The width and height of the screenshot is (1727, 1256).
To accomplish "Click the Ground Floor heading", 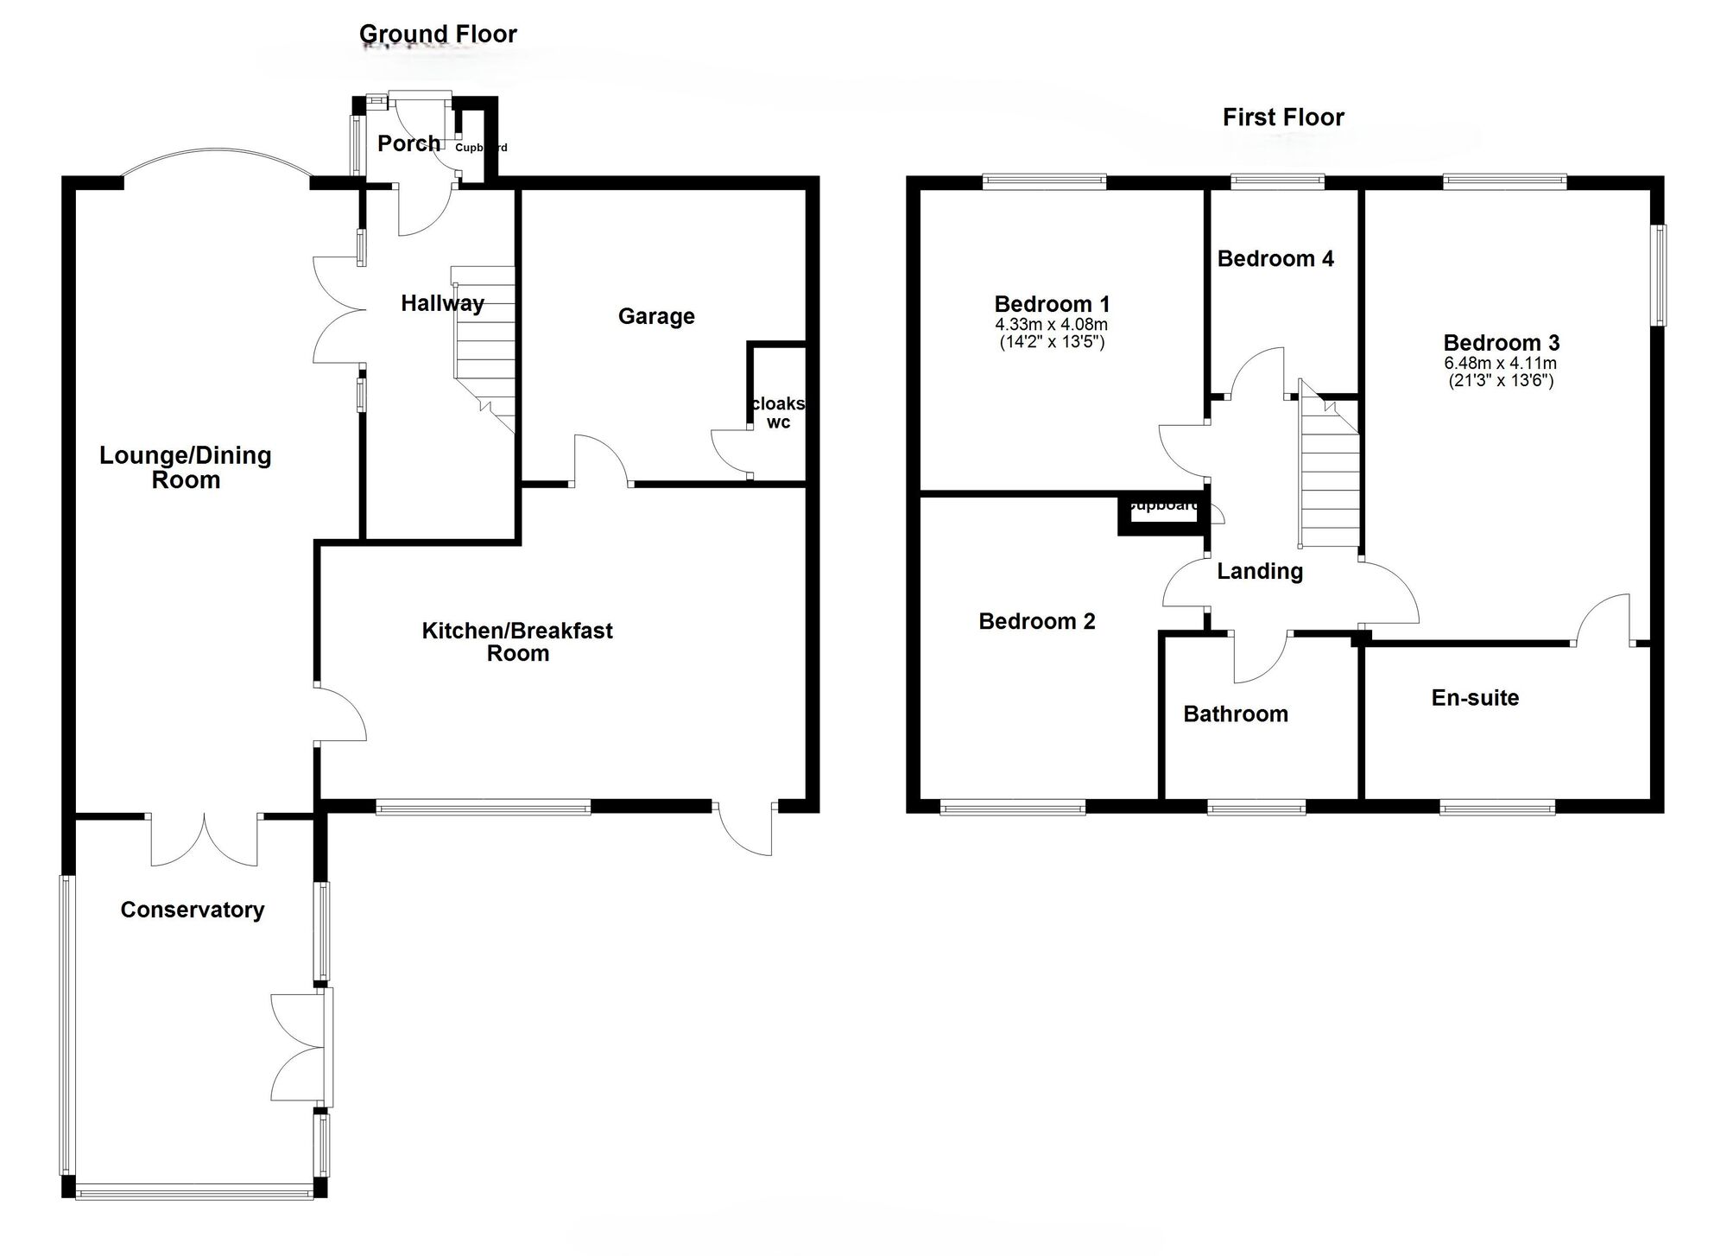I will point(438,35).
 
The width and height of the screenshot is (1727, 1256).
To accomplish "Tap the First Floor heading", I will point(1283,117).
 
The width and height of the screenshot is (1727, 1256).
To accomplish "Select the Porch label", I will point(408,143).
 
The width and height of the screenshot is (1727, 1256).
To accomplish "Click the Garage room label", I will point(656,316).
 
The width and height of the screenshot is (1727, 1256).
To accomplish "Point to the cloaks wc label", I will point(778,413).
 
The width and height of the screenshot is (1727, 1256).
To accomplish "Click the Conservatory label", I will point(192,910).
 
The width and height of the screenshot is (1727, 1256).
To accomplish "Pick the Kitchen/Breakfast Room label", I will point(517,642).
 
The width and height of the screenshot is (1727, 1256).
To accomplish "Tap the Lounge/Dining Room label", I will point(186,467).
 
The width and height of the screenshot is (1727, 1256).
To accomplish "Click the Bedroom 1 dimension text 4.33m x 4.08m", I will point(1051,326).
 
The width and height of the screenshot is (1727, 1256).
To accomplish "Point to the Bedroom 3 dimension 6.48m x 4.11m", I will point(1501,365).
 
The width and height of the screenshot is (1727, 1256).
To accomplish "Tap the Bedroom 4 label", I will point(1275,258).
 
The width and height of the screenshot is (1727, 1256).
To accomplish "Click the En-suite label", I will point(1475,698).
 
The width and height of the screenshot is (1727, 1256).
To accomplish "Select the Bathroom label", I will point(1236,714).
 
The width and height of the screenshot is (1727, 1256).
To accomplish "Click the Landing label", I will point(1260,571).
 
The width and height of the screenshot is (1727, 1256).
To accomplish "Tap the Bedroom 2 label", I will point(1036,622).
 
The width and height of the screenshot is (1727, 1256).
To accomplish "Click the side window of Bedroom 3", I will point(1660,276).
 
